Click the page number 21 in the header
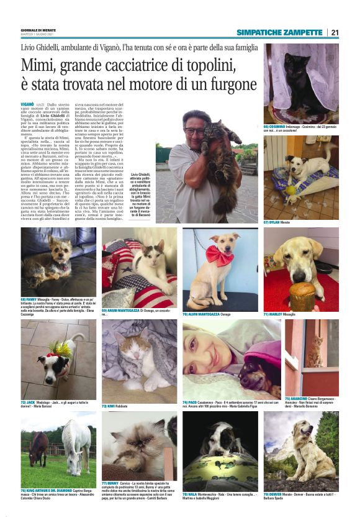[335, 32]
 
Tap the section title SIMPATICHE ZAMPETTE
[279, 32]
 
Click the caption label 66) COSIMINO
[276, 126]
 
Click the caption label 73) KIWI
[109, 405]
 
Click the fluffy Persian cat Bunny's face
[135, 451]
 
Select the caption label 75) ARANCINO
[297, 398]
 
